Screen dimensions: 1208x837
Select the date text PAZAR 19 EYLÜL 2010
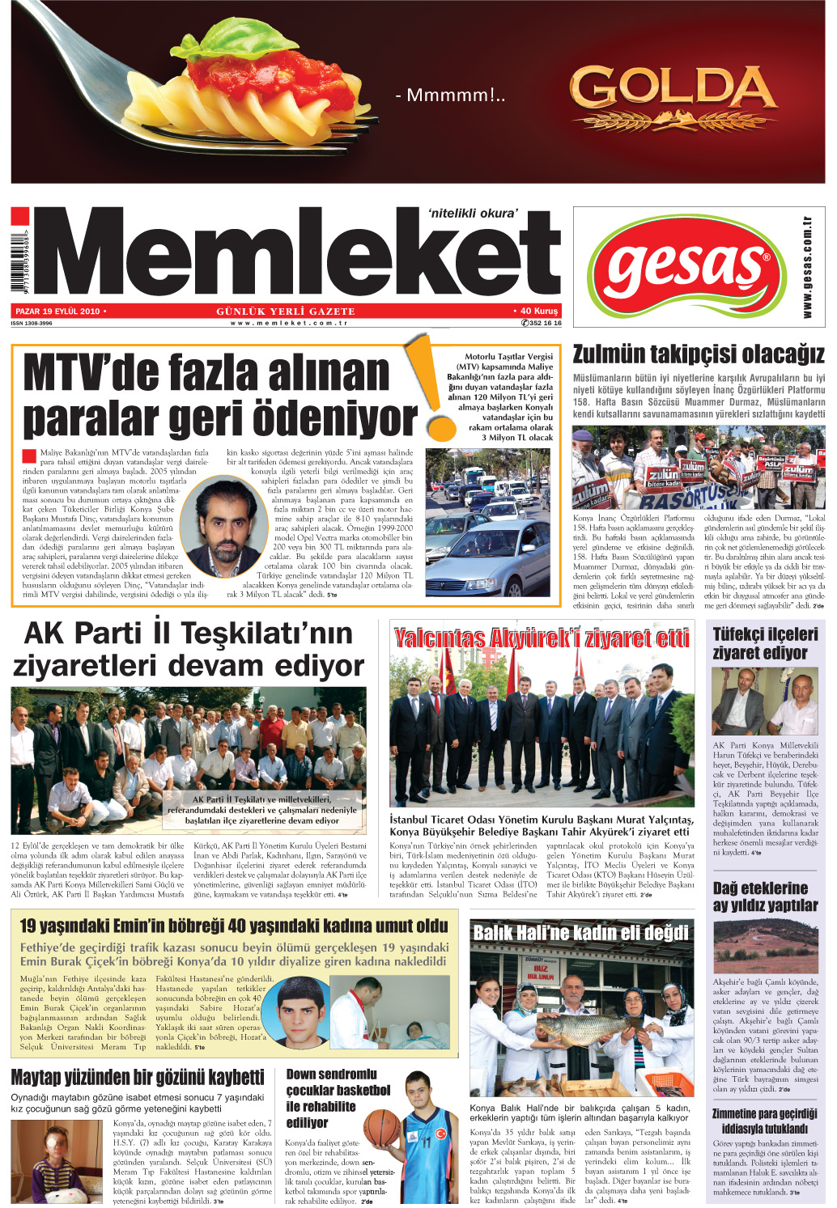pos(57,311)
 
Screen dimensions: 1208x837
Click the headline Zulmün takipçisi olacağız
pos(699,354)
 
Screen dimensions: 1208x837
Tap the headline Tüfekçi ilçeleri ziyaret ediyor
pos(765,643)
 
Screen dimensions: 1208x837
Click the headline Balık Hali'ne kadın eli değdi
pos(580,933)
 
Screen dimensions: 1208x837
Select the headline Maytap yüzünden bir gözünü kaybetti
pos(138,1077)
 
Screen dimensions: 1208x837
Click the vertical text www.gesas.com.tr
pos(807,266)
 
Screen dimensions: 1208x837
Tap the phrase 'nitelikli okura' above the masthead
pos(472,214)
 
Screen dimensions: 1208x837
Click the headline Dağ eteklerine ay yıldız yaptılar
pos(765,896)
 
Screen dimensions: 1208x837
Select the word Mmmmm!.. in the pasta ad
pos(450,95)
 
